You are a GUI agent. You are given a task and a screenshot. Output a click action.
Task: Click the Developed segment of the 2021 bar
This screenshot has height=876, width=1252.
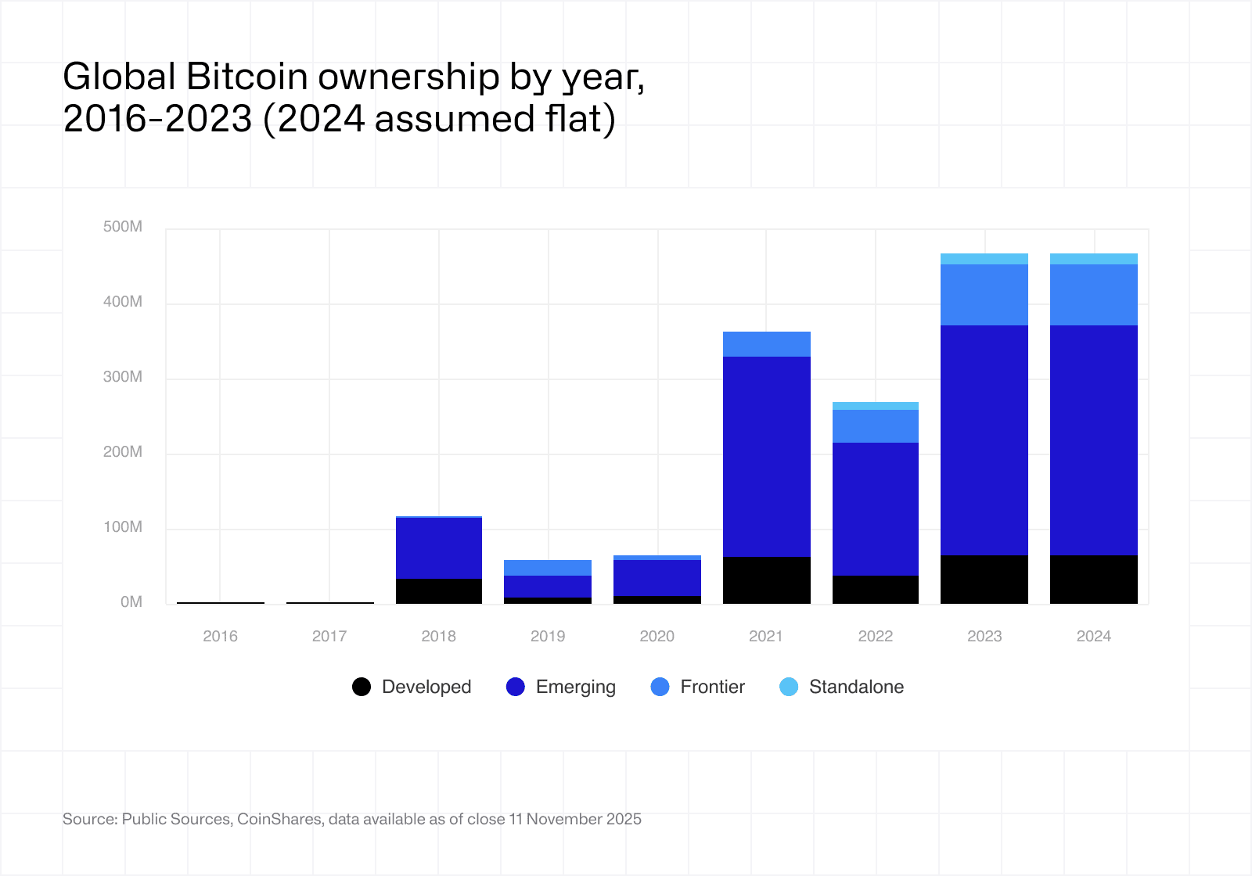click(x=767, y=580)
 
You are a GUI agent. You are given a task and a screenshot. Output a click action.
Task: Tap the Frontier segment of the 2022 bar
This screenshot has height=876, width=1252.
click(x=876, y=426)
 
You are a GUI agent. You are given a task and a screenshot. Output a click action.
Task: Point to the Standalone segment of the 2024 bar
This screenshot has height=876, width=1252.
click(x=1094, y=259)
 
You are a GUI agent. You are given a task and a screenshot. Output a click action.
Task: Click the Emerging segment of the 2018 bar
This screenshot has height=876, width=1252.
click(x=439, y=548)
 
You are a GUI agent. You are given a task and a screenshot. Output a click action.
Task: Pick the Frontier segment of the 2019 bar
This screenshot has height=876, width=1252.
click(x=548, y=568)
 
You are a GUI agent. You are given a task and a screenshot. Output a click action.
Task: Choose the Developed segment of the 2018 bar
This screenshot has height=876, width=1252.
click(x=439, y=591)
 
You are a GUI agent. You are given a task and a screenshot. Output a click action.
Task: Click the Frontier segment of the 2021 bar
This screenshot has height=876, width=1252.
click(x=767, y=344)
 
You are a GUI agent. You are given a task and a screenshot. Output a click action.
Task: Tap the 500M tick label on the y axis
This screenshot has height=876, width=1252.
click(x=123, y=227)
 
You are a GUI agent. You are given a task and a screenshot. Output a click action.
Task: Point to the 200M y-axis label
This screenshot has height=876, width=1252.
click(x=123, y=452)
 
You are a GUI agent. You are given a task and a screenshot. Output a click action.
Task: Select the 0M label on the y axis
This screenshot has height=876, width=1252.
click(x=131, y=602)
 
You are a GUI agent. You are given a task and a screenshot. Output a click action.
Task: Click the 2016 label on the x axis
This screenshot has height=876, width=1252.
click(x=220, y=636)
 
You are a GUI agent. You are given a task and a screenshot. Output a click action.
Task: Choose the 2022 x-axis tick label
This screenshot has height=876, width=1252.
click(x=876, y=636)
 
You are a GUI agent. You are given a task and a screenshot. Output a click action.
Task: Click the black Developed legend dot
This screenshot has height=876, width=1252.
click(x=362, y=687)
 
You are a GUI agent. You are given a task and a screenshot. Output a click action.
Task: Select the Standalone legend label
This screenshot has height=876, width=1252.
click(x=856, y=687)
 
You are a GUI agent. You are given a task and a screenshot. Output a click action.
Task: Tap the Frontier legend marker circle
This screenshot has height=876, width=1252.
click(x=660, y=687)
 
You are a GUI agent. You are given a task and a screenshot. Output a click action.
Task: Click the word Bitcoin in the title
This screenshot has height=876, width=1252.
click(x=247, y=77)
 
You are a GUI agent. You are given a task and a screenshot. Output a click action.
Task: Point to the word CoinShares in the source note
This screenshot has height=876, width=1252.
click(x=279, y=819)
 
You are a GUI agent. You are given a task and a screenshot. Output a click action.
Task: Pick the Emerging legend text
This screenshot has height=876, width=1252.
click(x=576, y=687)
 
